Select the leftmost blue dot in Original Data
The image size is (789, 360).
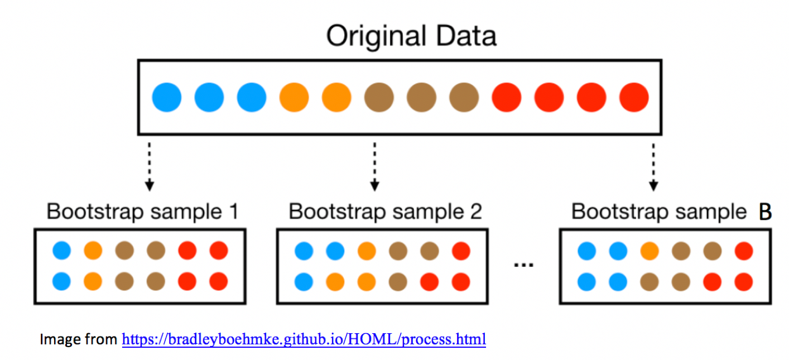[x=167, y=98]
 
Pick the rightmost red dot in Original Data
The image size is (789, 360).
[x=634, y=98]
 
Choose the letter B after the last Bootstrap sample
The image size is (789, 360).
[x=765, y=212]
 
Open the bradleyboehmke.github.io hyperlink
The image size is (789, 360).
[x=304, y=339]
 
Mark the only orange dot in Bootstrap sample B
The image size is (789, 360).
[x=650, y=252]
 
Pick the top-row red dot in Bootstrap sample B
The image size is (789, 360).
[x=743, y=252]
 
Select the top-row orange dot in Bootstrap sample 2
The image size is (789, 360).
[x=366, y=252]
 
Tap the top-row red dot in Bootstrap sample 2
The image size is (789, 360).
[x=461, y=252]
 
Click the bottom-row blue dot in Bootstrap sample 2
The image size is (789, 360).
[x=303, y=281]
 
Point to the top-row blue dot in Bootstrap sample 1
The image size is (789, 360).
[x=62, y=252]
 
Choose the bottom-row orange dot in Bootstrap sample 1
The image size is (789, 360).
[x=93, y=281]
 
